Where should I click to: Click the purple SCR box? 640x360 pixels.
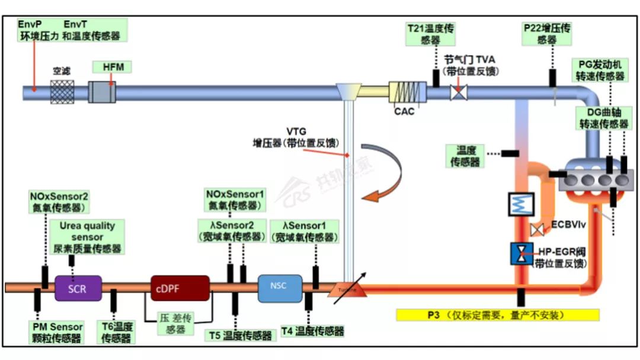(78, 288)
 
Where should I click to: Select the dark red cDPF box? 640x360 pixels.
(180, 288)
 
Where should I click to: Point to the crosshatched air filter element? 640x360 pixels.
(61, 92)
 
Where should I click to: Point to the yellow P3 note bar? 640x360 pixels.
(497, 314)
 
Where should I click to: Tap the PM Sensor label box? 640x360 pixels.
(58, 333)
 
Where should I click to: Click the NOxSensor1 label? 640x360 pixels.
(235, 200)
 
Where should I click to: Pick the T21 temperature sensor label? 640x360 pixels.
(431, 34)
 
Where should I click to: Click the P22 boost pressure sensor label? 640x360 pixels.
(548, 34)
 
